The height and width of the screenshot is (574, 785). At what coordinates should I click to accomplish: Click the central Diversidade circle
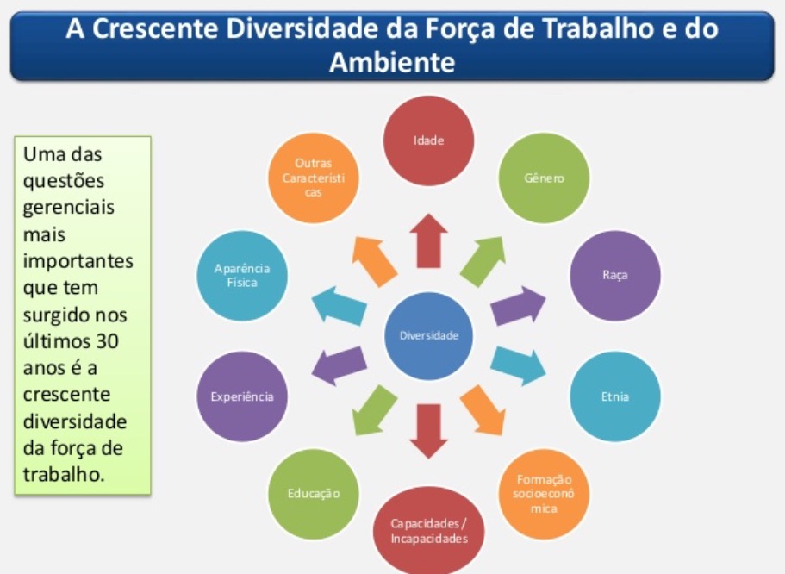(428, 335)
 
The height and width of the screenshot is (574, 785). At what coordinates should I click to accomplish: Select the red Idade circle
(428, 140)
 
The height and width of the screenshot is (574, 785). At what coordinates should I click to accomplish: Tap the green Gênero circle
(544, 178)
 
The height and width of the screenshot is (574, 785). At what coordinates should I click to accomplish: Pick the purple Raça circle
(614, 276)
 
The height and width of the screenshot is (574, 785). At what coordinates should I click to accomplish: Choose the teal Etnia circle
(614, 396)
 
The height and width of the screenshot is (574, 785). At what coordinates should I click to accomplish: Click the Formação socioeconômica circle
(544, 494)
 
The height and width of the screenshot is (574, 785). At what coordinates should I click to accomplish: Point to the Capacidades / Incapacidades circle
(428, 531)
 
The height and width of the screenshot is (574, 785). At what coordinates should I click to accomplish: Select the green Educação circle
(314, 494)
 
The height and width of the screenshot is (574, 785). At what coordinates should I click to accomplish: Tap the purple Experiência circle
(242, 396)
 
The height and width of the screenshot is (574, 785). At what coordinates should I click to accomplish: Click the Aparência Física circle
(242, 276)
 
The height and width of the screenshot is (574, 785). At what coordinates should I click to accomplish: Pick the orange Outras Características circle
(314, 178)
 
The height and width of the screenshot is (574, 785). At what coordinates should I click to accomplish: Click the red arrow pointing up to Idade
(428, 241)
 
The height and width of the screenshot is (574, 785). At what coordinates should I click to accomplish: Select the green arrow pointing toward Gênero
(483, 261)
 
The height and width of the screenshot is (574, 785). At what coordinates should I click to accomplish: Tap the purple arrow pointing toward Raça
(518, 306)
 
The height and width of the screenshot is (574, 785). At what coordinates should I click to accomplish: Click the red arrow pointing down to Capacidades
(428, 431)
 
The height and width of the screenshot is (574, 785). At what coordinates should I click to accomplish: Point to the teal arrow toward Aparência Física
(339, 306)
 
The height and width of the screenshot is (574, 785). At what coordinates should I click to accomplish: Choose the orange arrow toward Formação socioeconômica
(483, 410)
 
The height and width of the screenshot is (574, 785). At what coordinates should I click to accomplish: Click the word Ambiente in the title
(392, 63)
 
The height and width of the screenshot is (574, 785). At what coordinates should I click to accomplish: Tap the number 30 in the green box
(107, 341)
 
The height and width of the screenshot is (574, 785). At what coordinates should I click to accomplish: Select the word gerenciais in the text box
(69, 208)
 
